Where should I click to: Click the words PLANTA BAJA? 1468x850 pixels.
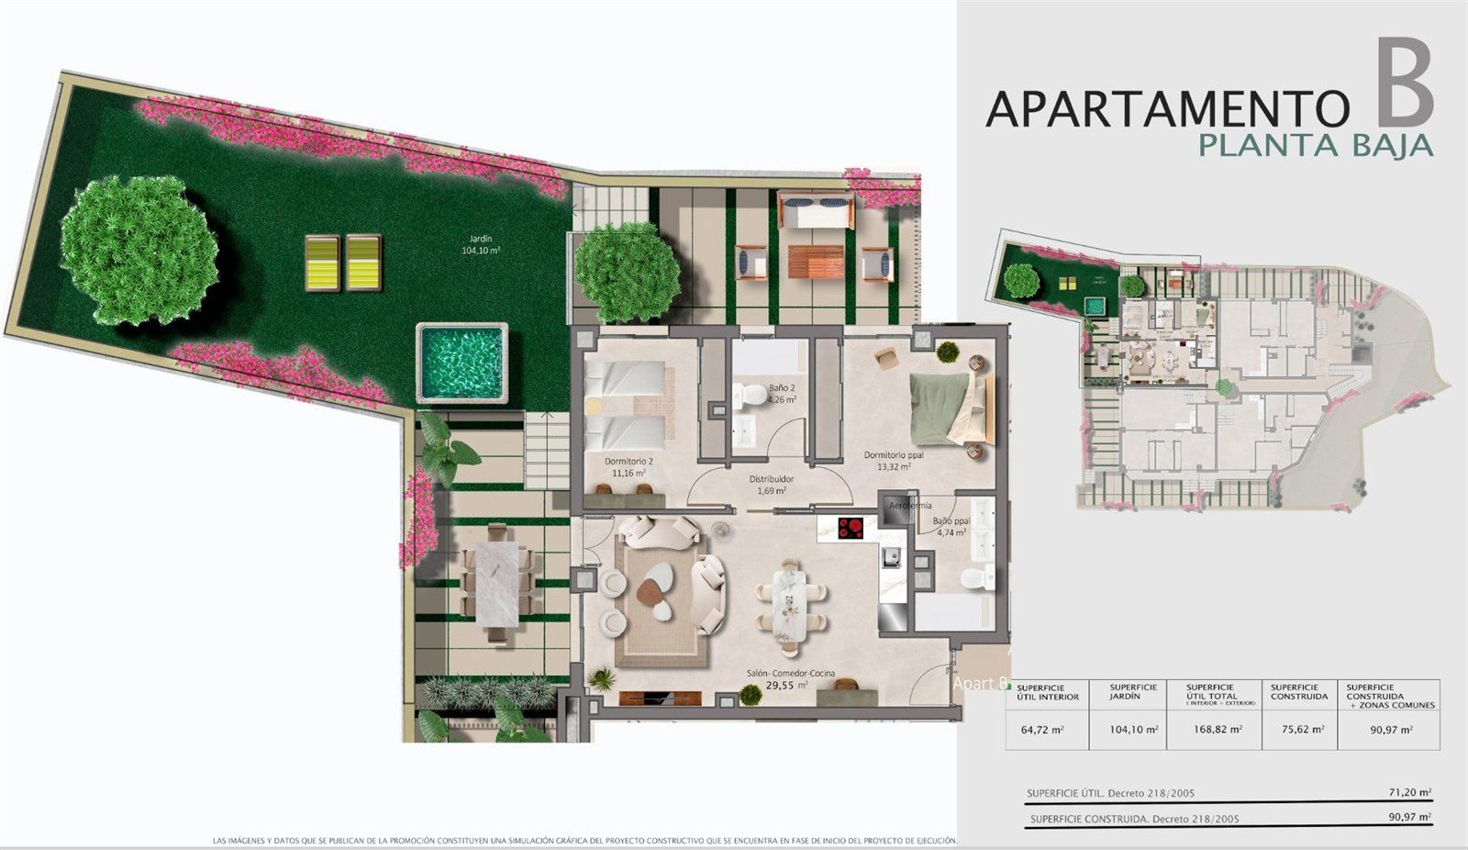(x=1316, y=145)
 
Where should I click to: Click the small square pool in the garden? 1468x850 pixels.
(x=462, y=362)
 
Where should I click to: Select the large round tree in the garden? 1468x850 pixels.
(x=139, y=249)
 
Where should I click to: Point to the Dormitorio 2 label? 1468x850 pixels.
(x=628, y=466)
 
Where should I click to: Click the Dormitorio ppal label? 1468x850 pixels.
(x=894, y=460)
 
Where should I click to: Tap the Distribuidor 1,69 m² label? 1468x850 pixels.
(x=771, y=485)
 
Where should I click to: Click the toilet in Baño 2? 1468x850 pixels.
(x=753, y=395)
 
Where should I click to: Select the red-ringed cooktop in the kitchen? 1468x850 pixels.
(x=851, y=527)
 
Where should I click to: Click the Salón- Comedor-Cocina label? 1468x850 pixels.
(x=790, y=678)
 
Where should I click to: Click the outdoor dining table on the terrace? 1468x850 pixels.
(x=496, y=582)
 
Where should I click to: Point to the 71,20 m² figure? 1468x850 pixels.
(x=1410, y=792)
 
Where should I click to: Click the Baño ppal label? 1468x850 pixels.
(x=951, y=526)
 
